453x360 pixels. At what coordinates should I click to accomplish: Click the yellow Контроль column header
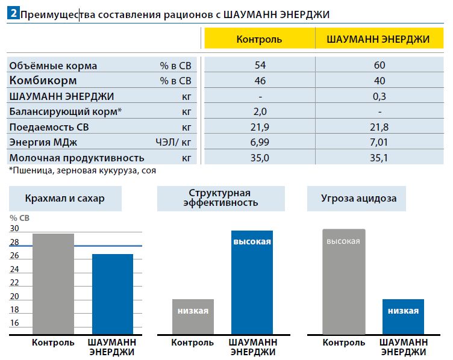(x=259, y=39)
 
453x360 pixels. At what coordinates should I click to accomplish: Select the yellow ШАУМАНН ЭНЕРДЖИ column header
(x=378, y=39)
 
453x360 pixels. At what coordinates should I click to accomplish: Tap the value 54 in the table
(x=260, y=66)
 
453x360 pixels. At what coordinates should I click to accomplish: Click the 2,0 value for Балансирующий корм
(x=260, y=112)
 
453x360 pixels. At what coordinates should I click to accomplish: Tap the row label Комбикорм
(x=43, y=81)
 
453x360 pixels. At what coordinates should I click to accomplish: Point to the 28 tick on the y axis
(x=14, y=243)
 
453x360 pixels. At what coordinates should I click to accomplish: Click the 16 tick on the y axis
(x=14, y=323)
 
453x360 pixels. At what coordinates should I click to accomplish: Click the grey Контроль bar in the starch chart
(x=54, y=284)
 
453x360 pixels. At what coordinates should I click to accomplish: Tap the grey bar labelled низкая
(x=193, y=317)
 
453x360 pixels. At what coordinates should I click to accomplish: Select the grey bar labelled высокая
(x=343, y=282)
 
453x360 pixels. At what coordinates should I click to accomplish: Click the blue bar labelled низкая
(x=403, y=317)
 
